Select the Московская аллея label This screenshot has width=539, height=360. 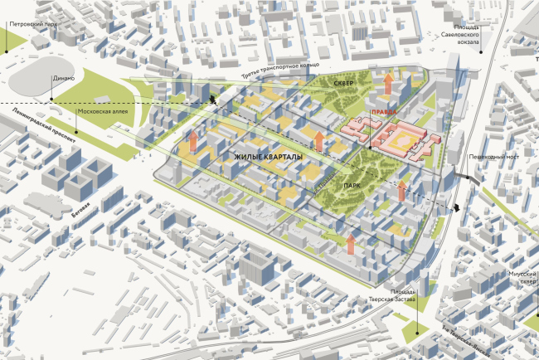click(x=101, y=110)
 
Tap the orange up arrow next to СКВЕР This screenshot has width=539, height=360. click(x=386, y=83)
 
